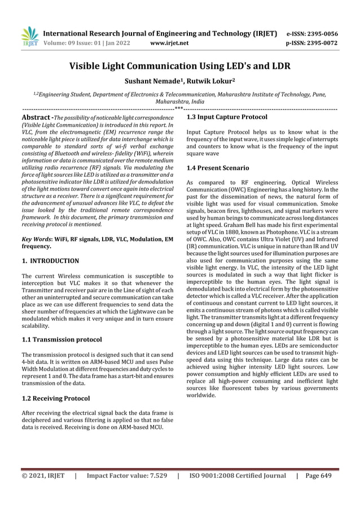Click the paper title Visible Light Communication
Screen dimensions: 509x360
tap(179, 67)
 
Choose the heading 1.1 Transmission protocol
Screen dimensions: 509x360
tap(62, 340)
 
